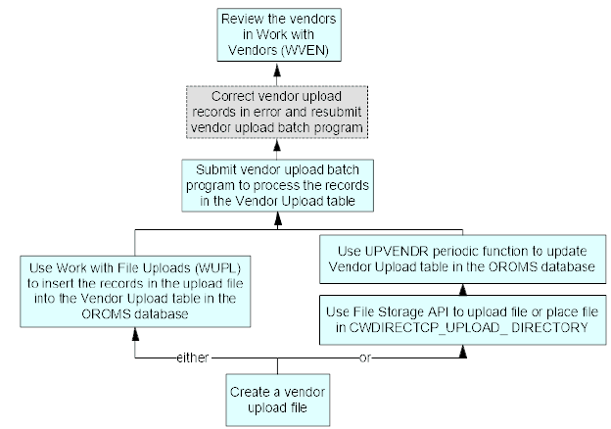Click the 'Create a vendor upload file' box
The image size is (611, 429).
pos(278,398)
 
